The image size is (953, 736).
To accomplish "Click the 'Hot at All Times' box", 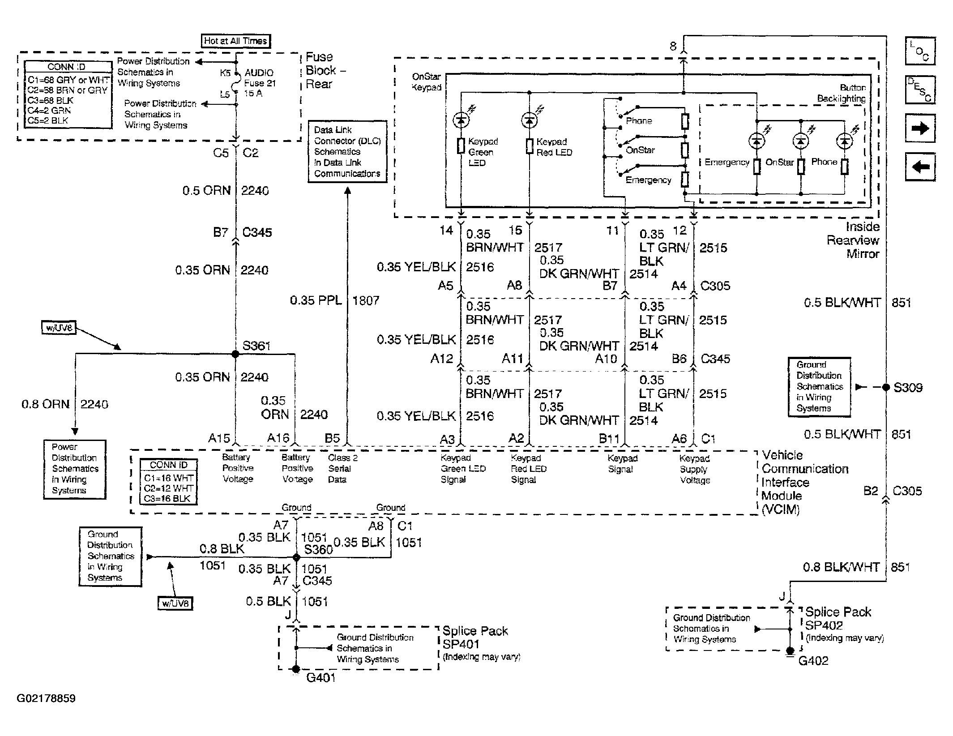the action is (x=236, y=41).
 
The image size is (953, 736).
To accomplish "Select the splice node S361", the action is (x=235, y=354).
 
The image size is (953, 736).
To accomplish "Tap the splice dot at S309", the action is (x=886, y=388).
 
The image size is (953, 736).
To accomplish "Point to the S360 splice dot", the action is (x=296, y=557).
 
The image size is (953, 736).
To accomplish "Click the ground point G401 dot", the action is (x=295, y=669).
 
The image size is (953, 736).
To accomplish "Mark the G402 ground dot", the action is (x=790, y=650).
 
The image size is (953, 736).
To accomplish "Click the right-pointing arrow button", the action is (x=920, y=129).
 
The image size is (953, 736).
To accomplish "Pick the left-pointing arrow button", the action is (x=920, y=167).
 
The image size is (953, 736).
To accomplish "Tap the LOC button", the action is (x=920, y=51).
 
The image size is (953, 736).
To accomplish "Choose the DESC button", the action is (x=920, y=90).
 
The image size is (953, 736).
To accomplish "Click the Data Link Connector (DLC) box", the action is (x=347, y=151).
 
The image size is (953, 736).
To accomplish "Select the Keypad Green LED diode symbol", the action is (x=461, y=120).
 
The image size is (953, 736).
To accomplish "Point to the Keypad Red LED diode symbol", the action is (x=529, y=120).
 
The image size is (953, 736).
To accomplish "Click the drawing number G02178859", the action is (x=46, y=698).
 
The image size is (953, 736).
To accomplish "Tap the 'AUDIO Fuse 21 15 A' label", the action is (x=260, y=83).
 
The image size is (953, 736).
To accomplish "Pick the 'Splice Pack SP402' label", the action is (x=838, y=618).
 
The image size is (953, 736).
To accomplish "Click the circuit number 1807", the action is (x=366, y=300).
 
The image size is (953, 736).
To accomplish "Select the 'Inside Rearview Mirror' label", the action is (x=853, y=240).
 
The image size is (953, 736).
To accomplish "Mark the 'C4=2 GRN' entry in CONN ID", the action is (x=49, y=110).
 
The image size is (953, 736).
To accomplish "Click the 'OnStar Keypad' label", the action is (x=427, y=82).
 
